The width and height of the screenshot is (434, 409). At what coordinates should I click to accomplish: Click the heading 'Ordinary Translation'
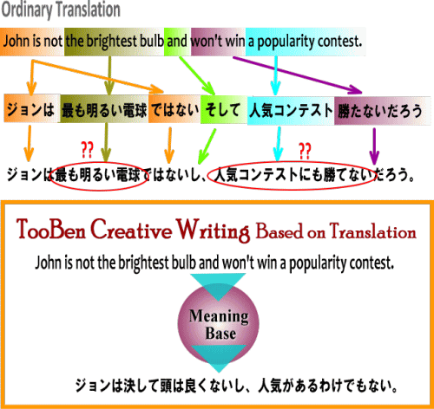(x=61, y=10)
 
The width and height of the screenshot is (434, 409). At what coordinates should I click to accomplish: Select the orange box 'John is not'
(x=32, y=42)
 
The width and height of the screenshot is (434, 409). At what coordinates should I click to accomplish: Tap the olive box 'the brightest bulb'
(x=114, y=42)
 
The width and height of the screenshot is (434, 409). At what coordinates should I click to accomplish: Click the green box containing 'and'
(x=177, y=42)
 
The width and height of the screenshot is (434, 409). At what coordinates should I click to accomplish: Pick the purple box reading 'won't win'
(x=218, y=42)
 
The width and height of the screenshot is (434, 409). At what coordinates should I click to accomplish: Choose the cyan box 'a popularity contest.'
(x=306, y=42)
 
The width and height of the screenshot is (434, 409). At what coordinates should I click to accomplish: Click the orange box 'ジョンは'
(x=32, y=108)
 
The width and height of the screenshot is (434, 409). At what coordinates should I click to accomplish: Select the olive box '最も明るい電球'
(x=104, y=109)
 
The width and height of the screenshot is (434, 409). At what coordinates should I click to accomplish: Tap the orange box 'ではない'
(x=174, y=109)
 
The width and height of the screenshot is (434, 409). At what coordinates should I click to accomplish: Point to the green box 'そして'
(x=224, y=109)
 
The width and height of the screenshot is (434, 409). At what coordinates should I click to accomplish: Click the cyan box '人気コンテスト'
(x=291, y=111)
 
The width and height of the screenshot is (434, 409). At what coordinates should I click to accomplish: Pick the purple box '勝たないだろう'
(x=383, y=111)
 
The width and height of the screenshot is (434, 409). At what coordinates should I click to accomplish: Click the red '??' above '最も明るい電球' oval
(x=87, y=150)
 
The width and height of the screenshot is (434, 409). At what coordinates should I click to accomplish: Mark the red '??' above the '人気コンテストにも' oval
(x=305, y=151)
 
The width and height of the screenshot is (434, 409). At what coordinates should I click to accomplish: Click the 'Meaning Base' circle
(x=219, y=324)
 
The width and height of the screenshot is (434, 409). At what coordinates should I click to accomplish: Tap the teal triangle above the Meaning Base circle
(x=218, y=284)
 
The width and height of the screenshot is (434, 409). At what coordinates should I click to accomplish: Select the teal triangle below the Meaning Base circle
(x=219, y=356)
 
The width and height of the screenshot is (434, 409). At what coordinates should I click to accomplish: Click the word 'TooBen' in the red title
(x=51, y=229)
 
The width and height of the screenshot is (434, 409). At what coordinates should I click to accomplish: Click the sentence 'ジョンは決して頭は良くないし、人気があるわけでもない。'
(x=236, y=386)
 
